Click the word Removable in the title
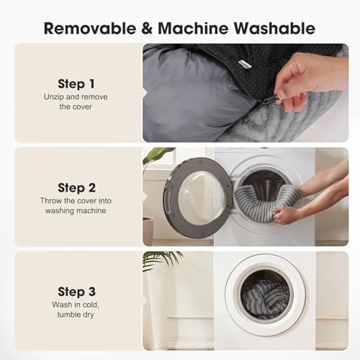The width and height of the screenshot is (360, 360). click(90, 28)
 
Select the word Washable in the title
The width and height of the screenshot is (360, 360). click(274, 28)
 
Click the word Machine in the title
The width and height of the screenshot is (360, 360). click(193, 28)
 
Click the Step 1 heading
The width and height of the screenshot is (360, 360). click(76, 84)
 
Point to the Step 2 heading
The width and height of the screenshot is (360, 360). click(76, 188)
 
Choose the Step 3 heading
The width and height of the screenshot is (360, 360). click(76, 292)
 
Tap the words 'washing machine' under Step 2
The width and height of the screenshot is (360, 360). click(76, 211)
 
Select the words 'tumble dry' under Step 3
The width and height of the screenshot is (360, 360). click(76, 315)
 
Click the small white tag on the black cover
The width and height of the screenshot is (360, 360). click(244, 64)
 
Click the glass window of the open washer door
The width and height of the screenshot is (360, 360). click(201, 199)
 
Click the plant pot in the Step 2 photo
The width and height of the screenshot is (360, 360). click(148, 230)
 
